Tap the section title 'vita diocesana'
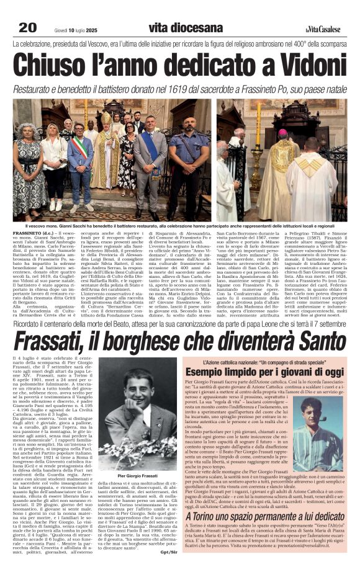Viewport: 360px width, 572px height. [186, 27]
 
